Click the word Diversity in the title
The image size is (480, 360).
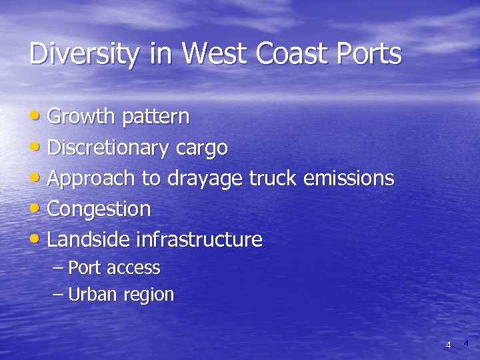[84, 54]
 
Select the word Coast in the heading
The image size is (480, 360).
[303, 53]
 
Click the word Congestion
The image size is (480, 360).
[99, 209]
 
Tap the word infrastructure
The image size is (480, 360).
[199, 239]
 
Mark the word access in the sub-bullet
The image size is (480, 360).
[133, 268]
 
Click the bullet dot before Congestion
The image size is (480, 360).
[37, 208]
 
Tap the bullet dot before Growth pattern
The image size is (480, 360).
[37, 116]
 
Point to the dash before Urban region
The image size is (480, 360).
[58, 295]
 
